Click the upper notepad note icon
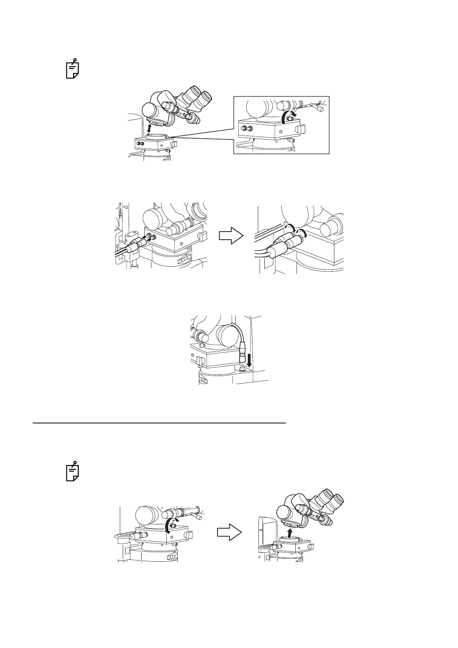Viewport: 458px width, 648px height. coord(72,69)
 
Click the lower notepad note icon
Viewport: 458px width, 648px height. coord(72,471)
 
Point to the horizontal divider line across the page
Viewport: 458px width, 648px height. coord(159,423)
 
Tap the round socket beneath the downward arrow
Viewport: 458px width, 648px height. coord(242,369)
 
